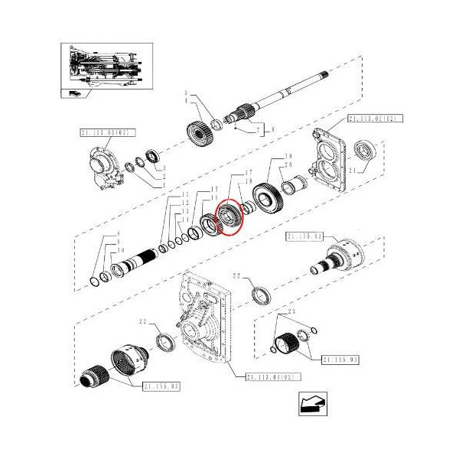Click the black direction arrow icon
click(x=312, y=404)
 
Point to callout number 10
click(x=121, y=250)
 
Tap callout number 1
click(x=163, y=184)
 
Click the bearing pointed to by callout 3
click(x=152, y=158)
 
